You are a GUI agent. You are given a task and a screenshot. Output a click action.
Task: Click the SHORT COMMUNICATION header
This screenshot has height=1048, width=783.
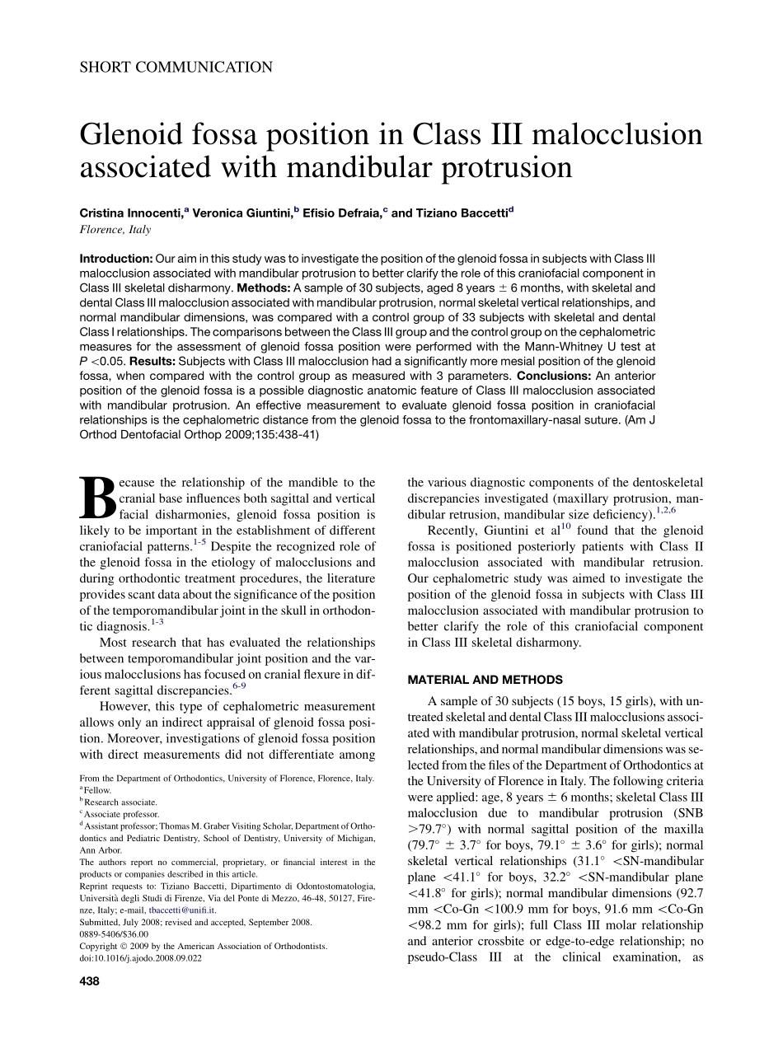click(x=176, y=68)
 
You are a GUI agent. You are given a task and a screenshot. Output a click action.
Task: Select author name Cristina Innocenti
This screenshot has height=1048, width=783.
click(x=132, y=213)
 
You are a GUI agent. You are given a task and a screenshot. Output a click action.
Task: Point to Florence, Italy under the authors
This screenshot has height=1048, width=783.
click(x=115, y=230)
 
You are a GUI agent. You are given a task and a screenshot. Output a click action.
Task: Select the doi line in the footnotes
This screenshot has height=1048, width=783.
click(x=139, y=957)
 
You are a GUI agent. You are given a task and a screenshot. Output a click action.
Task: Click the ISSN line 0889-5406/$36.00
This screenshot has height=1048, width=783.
click(x=114, y=934)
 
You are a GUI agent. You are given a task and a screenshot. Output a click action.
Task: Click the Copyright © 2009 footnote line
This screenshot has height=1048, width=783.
click(x=203, y=946)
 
